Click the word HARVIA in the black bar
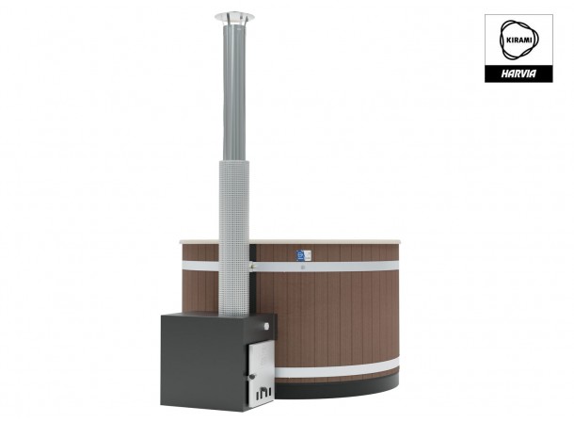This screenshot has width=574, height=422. tap(518, 73)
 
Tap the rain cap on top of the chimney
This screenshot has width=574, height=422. tap(234, 18)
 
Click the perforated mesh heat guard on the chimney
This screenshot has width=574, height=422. tap(234, 238)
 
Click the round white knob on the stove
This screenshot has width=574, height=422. tap(266, 326)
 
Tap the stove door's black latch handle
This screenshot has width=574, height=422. tap(252, 377)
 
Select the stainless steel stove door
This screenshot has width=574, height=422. tap(261, 374)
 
